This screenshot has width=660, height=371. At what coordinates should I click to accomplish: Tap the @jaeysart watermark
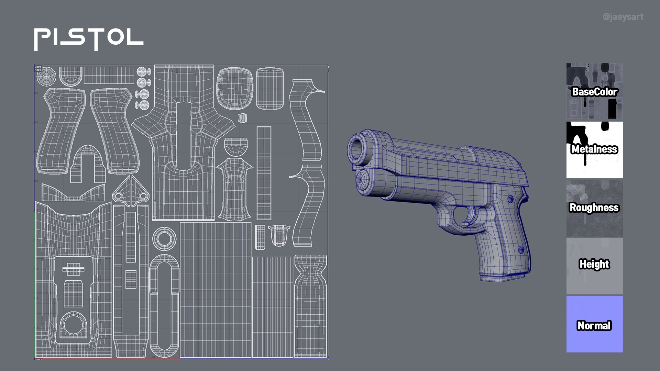623,17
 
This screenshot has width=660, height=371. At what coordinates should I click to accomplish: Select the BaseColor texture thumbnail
594,91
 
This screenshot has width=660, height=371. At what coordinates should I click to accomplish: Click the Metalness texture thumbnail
594,149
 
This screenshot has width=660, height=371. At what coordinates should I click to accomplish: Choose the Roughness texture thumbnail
594,208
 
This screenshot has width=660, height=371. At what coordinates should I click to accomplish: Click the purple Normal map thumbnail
594,324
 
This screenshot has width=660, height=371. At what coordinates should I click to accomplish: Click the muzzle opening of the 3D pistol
357,149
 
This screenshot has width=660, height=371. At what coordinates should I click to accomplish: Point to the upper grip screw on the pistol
510,199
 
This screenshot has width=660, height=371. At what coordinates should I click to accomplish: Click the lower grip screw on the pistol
521,249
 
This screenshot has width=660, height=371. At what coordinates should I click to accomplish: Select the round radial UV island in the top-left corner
46,76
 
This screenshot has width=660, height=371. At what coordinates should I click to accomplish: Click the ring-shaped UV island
164,238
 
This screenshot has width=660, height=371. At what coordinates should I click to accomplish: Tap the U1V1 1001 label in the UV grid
38,68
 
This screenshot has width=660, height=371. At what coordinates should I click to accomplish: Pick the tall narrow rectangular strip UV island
264,173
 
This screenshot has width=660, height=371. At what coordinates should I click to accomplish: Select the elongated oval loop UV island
164,306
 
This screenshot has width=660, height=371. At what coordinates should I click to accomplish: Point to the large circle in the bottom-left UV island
73,324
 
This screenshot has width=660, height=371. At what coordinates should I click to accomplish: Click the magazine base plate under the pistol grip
503,277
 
